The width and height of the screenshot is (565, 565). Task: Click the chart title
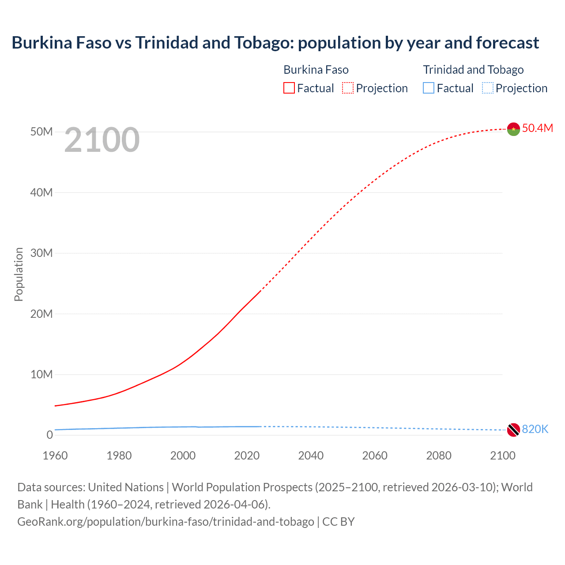tap(275, 43)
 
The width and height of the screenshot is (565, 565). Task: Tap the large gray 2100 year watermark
tap(102, 140)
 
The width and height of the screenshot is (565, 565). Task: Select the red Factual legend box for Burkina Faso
tap(289, 88)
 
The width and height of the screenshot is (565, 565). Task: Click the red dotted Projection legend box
tap(348, 88)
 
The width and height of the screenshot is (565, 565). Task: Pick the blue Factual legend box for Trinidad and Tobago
tap(429, 88)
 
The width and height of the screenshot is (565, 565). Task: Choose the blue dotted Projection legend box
tap(488, 88)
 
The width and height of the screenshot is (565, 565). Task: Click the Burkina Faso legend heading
tap(316, 70)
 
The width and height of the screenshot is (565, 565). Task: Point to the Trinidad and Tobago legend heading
tap(473, 70)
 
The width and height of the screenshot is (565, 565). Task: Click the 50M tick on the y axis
tap(41, 132)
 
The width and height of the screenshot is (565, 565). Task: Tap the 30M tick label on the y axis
tap(41, 253)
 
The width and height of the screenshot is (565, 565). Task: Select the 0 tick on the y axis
tap(49, 435)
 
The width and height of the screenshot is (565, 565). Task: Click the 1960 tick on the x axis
tap(55, 456)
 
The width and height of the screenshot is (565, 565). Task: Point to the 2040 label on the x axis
tap(311, 456)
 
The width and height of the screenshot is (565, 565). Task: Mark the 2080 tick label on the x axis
tap(439, 456)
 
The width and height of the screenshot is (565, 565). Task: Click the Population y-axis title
tap(19, 274)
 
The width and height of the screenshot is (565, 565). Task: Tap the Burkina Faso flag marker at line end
tap(513, 129)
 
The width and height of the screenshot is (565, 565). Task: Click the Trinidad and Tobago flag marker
tap(513, 429)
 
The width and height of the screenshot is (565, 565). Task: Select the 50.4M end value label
tap(537, 128)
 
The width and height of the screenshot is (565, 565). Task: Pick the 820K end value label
tap(535, 429)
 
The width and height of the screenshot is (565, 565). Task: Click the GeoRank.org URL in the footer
tap(166, 522)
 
